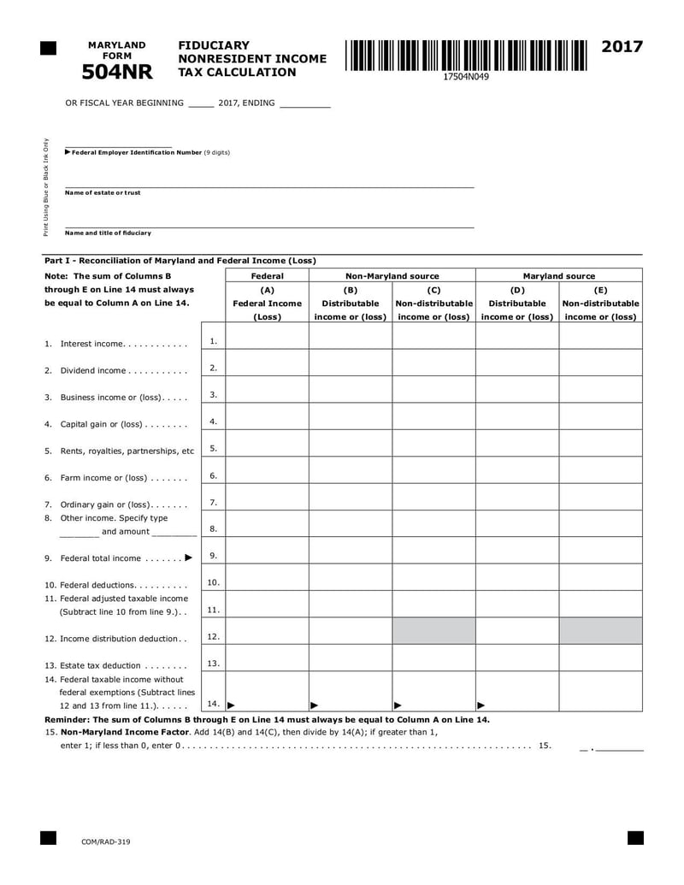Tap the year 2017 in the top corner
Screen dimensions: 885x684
(622, 47)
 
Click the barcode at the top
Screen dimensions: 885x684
(466, 56)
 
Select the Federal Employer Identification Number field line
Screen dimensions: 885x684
(119, 146)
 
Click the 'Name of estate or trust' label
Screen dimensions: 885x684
(103, 192)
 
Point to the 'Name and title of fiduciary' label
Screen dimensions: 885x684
(108, 233)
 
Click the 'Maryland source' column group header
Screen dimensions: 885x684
(558, 276)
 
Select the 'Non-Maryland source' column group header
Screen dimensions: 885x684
(392, 276)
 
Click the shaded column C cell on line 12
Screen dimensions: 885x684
(433, 631)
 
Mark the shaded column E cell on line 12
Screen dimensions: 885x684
(600, 631)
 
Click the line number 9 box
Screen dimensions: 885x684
(213, 556)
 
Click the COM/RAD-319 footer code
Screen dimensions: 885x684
(106, 842)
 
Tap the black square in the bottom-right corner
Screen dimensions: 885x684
(635, 837)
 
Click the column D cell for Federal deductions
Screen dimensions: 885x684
(516, 577)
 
